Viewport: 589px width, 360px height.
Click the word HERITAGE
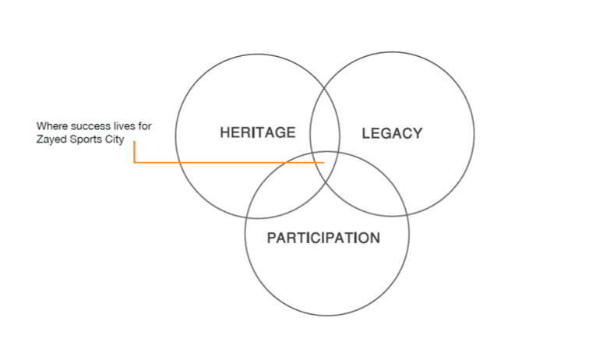(258, 132)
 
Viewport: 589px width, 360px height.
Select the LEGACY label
(392, 133)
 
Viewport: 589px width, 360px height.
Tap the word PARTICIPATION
(323, 238)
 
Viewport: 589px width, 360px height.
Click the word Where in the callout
(52, 126)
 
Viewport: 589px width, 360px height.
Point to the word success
(90, 126)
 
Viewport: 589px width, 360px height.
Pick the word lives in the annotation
(124, 126)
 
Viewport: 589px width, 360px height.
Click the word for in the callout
(145, 126)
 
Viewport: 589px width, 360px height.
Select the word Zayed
(51, 139)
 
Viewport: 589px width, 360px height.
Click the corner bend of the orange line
(134, 162)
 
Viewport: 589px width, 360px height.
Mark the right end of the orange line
(324, 162)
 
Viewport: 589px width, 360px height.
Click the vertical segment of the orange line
(134, 152)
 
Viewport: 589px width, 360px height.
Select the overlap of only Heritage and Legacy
(325, 120)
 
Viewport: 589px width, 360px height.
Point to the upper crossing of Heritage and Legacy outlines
(325, 87)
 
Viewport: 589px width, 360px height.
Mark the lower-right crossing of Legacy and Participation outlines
(407, 214)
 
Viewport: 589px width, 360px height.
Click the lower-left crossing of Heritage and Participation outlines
(246, 217)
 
